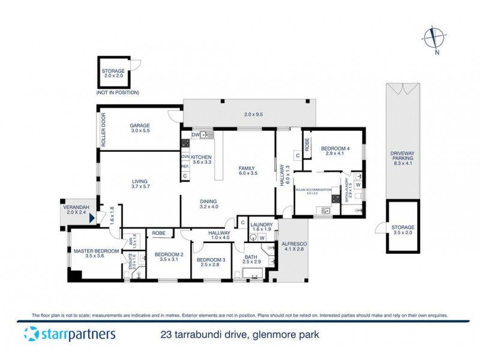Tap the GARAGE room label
click(140, 126)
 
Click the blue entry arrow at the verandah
click(91, 220)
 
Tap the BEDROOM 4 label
click(335, 148)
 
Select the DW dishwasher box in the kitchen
click(195, 135)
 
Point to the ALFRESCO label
click(295, 244)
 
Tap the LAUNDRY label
click(262, 224)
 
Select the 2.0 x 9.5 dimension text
click(254, 114)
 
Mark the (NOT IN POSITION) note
click(117, 93)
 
